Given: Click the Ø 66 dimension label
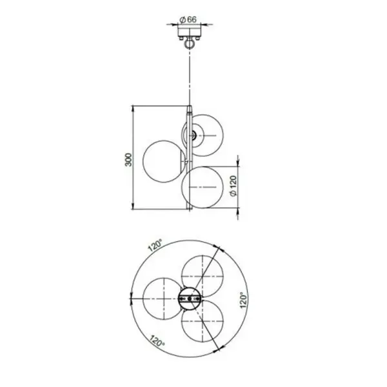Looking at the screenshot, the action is [188, 20].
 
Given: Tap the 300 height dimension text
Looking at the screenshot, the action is [128, 160].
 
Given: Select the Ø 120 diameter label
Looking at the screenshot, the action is [233, 186].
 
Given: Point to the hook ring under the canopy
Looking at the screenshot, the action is [190, 44].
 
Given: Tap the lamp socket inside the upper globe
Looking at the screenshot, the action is [193, 135].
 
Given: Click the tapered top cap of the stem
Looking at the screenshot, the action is [190, 109].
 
